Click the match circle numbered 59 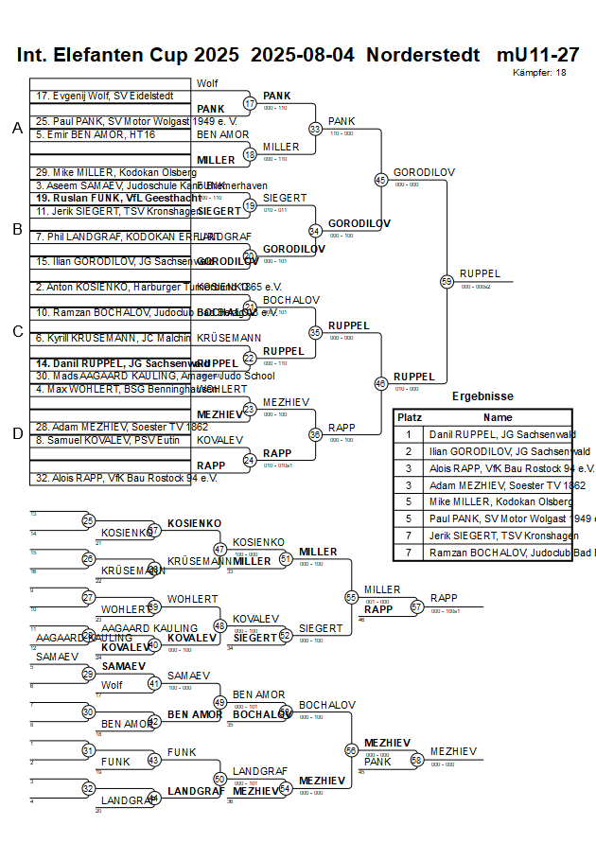click(447, 281)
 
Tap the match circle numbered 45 click(381, 179)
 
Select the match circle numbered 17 click(250, 103)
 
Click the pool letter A click(17, 129)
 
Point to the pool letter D click(17, 433)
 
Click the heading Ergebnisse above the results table click(482, 396)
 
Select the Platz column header click(410, 417)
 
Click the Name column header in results click(498, 417)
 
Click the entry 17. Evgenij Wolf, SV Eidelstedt click(105, 97)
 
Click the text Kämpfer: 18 click(539, 73)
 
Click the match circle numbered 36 click(316, 434)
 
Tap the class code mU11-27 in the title click(537, 55)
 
